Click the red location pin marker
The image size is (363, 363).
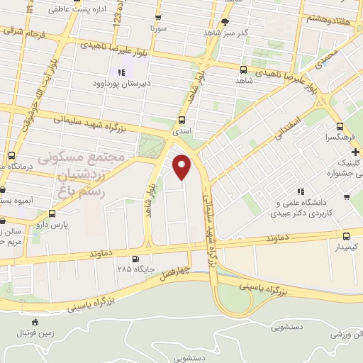point(183,167)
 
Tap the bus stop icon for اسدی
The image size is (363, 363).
point(183,120)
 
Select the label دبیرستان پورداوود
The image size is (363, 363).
point(121,84)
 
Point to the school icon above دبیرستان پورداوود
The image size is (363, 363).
point(121,72)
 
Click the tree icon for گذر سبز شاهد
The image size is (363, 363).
point(225,22)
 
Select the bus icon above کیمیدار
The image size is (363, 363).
point(346,237)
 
